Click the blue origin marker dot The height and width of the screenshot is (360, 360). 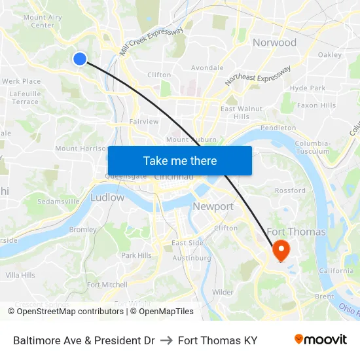(x=80, y=59)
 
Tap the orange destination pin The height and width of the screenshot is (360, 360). (x=281, y=249)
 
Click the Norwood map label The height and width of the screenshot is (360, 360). (x=274, y=43)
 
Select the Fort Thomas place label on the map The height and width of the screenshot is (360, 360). (x=296, y=232)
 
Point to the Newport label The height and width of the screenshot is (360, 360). (x=213, y=207)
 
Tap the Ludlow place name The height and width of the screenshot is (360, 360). (x=107, y=197)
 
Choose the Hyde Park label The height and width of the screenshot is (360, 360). (x=307, y=88)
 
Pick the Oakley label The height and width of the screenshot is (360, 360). (x=329, y=55)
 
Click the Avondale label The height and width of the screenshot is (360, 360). (x=207, y=67)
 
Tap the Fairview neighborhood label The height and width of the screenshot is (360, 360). (x=144, y=121)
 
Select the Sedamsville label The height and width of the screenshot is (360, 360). (x=58, y=201)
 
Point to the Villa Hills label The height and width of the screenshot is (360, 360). (x=20, y=276)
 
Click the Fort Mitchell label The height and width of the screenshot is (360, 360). (x=107, y=285)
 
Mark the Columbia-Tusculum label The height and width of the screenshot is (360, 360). (x=312, y=147)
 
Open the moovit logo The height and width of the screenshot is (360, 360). (x=320, y=340)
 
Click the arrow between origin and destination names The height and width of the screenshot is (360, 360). (x=166, y=340)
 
